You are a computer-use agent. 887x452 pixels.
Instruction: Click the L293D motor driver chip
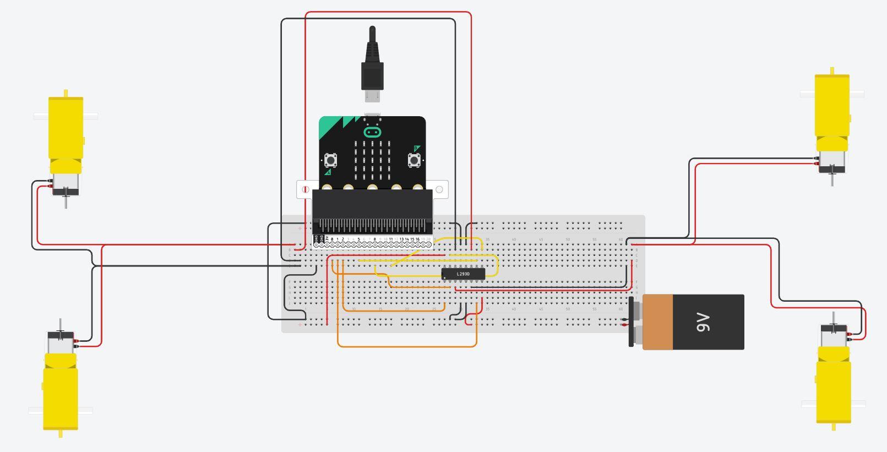pyautogui.click(x=463, y=274)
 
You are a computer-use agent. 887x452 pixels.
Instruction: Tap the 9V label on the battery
pyautogui.click(x=703, y=322)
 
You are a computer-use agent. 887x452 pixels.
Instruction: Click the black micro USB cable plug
pyautogui.click(x=372, y=63)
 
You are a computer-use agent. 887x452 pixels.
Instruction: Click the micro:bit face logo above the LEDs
pyautogui.click(x=372, y=132)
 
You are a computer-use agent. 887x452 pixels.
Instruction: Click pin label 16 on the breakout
pyautogui.click(x=417, y=239)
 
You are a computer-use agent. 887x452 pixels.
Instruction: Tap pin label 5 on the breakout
pyautogui.click(x=358, y=239)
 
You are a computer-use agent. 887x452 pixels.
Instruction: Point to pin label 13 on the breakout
pyautogui.click(x=401, y=239)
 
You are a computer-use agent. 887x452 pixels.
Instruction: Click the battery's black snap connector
pyautogui.click(x=631, y=322)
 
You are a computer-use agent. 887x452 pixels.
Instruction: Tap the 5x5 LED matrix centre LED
pyautogui.click(x=372, y=160)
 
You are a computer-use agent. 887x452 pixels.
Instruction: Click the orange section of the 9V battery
pyautogui.click(x=657, y=322)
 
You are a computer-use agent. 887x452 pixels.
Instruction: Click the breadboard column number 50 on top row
pyautogui.click(x=568, y=239)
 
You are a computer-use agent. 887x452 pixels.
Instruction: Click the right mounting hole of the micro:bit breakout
pyautogui.click(x=439, y=189)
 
